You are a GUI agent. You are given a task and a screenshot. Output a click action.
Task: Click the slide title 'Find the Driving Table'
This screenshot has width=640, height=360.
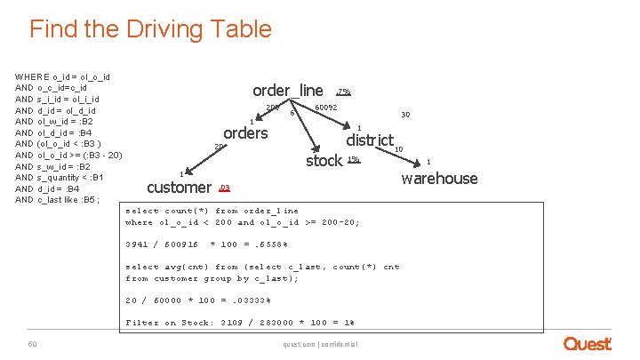[x=150, y=29]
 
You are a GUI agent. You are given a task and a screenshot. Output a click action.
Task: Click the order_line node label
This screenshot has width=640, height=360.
[x=288, y=90]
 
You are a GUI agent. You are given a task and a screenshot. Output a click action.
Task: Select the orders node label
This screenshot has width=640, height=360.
[x=245, y=132]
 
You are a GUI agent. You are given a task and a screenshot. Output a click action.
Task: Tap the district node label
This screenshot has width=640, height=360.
[x=370, y=140]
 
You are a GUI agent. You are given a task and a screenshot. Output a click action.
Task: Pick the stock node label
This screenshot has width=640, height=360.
[x=324, y=160]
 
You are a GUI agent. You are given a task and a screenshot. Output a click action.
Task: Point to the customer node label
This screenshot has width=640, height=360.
[x=179, y=187]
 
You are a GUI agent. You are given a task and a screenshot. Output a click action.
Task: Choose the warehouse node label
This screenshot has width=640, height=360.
[x=439, y=179]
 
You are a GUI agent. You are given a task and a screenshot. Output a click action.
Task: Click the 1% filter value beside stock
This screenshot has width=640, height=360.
[x=353, y=159]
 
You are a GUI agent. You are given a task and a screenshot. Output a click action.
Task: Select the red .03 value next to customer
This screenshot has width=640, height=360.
[x=224, y=188]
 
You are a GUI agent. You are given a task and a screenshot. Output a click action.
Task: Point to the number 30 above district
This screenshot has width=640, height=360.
[x=405, y=115]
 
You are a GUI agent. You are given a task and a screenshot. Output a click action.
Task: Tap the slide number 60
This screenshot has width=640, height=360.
[x=32, y=343]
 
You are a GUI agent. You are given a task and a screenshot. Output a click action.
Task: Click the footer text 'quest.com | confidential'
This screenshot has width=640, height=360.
[x=320, y=344]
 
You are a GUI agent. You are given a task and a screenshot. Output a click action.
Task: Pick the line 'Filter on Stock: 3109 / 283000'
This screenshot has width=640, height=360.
[x=240, y=323]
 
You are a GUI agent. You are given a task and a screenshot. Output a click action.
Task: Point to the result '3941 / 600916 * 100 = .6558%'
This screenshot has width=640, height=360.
[x=206, y=244]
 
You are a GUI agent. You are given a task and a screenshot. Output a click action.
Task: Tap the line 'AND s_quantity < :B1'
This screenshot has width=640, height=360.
[x=60, y=177]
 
